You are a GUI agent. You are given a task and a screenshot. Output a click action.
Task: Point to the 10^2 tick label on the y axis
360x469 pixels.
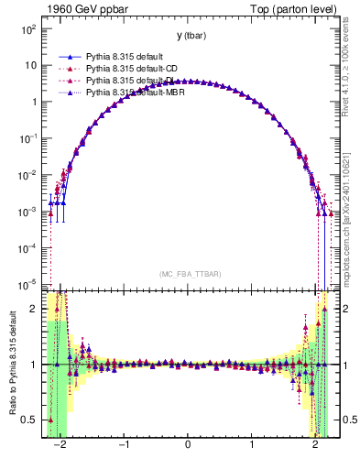27,29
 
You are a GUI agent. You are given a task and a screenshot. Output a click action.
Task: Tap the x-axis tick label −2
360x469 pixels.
60,443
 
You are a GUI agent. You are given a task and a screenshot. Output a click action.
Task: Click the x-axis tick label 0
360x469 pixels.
188,443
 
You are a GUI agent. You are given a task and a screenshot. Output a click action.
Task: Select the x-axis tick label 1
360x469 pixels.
252,443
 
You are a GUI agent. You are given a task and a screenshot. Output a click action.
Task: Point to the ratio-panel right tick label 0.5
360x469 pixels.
346,420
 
